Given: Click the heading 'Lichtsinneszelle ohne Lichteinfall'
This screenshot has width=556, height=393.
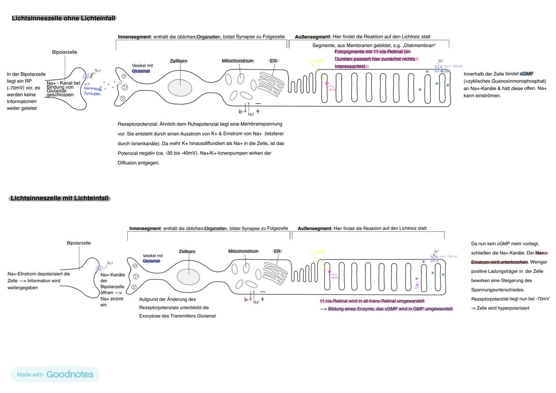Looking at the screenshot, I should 64,18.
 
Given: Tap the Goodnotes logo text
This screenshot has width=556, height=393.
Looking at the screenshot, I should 70,374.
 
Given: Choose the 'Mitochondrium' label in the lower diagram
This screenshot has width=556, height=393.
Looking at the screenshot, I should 243,251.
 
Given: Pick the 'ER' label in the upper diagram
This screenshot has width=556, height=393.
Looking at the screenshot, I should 273,61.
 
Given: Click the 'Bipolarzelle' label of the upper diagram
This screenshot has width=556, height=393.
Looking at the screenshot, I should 64,52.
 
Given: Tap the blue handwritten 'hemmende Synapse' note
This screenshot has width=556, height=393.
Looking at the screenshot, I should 92,91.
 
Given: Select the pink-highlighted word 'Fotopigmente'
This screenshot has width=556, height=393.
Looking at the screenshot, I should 351,52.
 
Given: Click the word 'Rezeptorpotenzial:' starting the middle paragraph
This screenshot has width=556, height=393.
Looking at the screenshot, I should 138,124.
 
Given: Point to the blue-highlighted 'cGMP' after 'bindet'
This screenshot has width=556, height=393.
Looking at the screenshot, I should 527,74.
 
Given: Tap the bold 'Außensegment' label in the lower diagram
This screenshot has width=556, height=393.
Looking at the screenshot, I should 314,229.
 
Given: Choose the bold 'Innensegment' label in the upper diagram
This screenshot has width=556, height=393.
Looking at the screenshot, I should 134,37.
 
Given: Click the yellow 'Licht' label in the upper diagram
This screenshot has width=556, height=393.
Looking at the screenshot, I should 318,61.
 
